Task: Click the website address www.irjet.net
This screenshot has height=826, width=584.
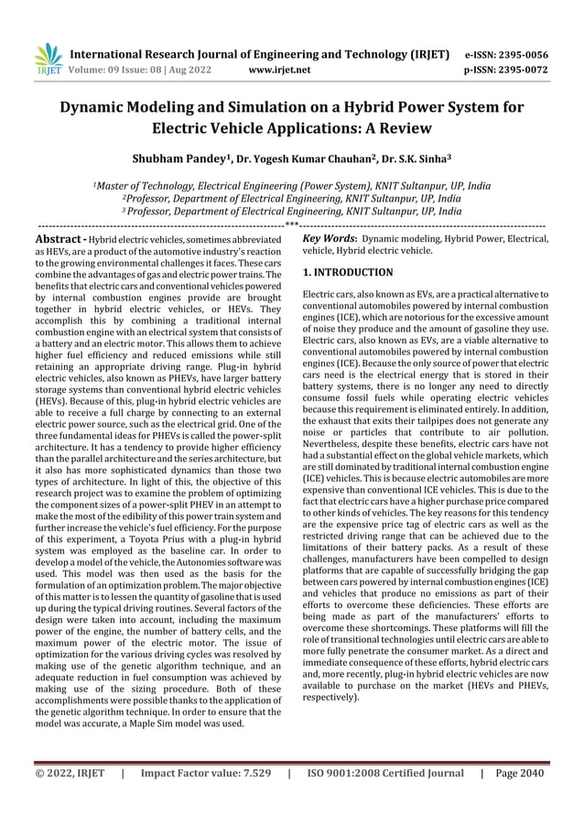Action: click(x=279, y=69)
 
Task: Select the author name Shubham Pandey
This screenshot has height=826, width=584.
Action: click(x=179, y=158)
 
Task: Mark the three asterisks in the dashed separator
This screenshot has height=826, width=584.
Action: click(x=292, y=223)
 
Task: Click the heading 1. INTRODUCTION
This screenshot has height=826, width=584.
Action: click(x=348, y=272)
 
